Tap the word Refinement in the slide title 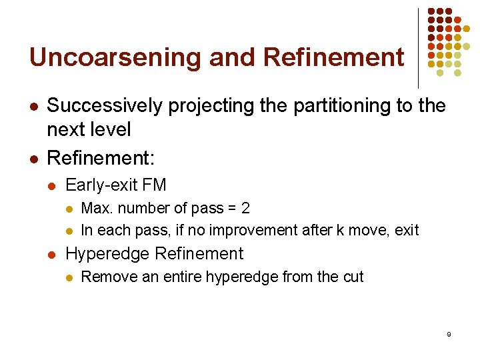[334, 57]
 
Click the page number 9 [449, 334]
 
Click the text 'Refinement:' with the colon [101, 159]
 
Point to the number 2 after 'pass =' [246, 208]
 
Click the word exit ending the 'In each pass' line [407, 231]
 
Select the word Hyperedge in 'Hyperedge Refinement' [107, 254]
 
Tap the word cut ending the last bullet [353, 277]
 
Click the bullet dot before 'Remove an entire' [70, 277]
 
